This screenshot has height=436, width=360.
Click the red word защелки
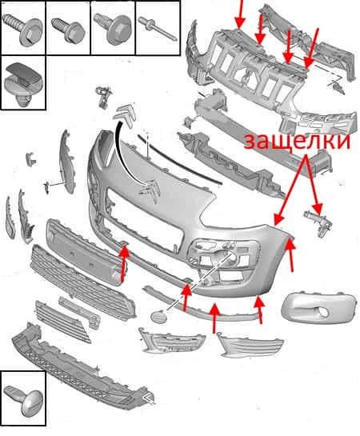coord(297,142)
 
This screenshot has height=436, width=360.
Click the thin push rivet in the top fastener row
coord(157,28)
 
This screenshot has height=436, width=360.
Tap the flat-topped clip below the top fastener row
coord(22,83)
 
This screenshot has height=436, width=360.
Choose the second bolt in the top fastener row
coord(68,29)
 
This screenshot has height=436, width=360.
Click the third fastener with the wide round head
coord(113,28)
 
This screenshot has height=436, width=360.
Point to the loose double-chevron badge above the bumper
coord(126,115)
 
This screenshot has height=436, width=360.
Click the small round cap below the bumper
coord(158,316)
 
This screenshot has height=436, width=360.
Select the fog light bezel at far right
coord(318,307)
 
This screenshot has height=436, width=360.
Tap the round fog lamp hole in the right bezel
coord(322,313)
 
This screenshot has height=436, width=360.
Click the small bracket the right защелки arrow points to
coord(318,223)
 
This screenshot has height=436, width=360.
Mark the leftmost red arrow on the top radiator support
coord(240,14)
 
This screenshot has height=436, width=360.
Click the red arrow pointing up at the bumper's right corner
coord(290,254)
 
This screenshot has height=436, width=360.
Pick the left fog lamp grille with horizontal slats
coord(172,340)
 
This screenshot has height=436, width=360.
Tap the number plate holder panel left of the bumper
coord(86,252)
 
